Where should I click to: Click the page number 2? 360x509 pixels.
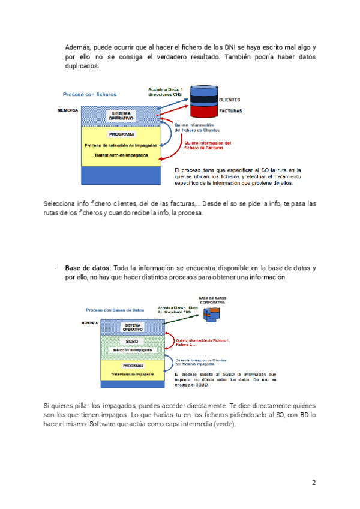tap(313, 483)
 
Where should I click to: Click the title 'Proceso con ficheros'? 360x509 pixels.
tap(90, 94)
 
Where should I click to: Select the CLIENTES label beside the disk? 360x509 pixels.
tap(231, 100)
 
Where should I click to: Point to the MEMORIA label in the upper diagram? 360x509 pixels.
tap(67, 110)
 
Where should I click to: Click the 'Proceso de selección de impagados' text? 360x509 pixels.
tap(122, 145)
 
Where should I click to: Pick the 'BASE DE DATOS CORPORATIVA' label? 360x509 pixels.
tap(212, 300)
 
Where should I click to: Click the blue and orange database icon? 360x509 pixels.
tap(211, 313)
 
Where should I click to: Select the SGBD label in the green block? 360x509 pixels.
tap(132, 340)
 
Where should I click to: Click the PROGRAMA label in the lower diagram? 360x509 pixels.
tap(132, 365)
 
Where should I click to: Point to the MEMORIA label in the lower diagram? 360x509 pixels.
tap(89, 323)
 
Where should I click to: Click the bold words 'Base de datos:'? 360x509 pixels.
tap(88, 267)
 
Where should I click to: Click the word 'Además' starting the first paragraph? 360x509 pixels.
tap(79, 47)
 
